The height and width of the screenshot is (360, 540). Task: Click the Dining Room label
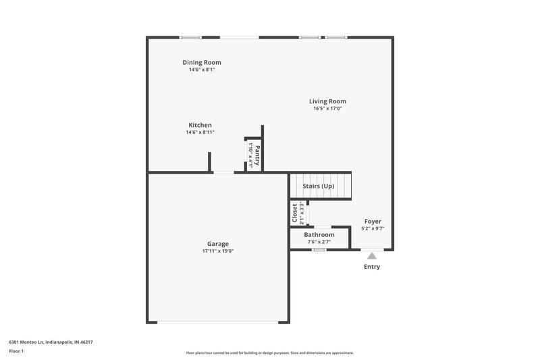coord(201,63)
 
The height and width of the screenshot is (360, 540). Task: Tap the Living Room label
coord(327,101)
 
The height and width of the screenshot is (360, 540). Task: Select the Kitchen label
coord(200,125)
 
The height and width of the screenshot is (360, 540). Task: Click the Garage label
coord(217,244)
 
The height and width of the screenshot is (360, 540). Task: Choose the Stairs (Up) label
coord(318,186)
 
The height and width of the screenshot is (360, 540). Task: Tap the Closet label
coord(295,213)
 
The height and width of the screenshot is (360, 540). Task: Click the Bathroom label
coord(319,234)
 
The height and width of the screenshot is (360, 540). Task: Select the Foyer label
coord(373,221)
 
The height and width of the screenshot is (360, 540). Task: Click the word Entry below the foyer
coord(371,267)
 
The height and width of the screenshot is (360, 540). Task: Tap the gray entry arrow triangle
coord(371,256)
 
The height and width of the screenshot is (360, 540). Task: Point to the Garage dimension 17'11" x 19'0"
coord(217,251)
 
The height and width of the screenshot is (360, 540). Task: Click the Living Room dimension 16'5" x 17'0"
coord(327,109)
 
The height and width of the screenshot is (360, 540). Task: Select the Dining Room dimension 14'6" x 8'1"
coord(201,70)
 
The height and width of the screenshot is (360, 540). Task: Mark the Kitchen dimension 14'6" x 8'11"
coord(200,132)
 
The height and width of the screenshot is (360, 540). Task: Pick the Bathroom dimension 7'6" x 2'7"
coord(319,241)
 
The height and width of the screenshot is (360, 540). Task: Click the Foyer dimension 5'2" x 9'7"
coord(373,228)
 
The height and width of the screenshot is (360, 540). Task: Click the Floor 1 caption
coord(16,351)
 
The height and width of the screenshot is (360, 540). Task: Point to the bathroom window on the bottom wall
coord(319,250)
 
